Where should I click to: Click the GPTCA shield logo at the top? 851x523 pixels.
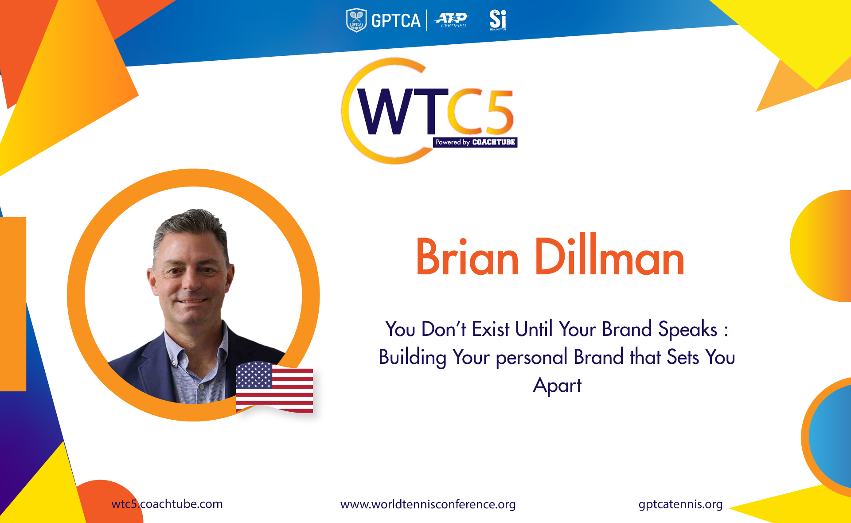[x=356, y=20]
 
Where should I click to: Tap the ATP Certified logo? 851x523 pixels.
[x=452, y=20]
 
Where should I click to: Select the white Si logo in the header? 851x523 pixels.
[x=498, y=20]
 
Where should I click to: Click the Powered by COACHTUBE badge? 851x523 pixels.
[x=475, y=142]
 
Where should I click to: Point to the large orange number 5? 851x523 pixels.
[x=498, y=111]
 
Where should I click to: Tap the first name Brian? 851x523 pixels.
[x=467, y=257]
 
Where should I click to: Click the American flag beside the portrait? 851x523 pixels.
[x=274, y=387]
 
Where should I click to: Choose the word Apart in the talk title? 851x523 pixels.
[x=557, y=385]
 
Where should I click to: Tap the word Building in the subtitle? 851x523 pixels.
[x=412, y=357]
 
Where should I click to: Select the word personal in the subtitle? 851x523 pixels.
[x=531, y=357]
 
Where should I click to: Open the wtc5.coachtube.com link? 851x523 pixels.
[x=167, y=504]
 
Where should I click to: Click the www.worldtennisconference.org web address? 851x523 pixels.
[x=428, y=504]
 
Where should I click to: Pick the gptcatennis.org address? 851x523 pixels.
[x=681, y=504]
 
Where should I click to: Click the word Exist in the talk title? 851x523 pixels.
[x=491, y=329]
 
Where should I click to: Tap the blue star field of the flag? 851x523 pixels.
[x=254, y=375]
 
